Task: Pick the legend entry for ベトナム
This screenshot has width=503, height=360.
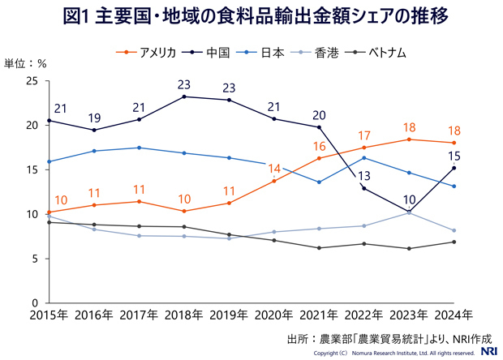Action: [383, 52]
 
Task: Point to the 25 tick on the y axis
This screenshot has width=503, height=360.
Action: [32, 80]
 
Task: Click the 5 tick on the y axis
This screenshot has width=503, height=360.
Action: [35, 259]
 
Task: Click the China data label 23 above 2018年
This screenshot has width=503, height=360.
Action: [184, 84]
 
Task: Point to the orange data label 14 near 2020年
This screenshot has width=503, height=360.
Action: [274, 169]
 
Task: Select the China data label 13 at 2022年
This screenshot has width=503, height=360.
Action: [363, 175]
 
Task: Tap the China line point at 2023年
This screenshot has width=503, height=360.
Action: [409, 212]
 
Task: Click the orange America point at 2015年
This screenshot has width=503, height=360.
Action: [49, 212]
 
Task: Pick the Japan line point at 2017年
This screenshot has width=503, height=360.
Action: [140, 148]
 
